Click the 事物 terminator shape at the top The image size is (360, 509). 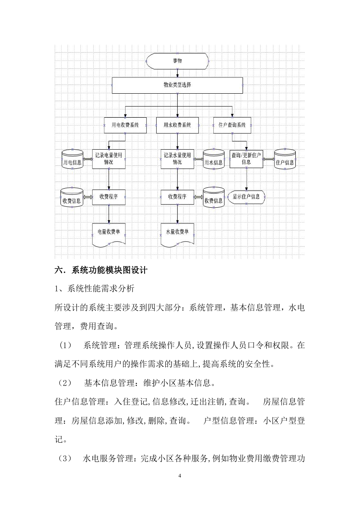click(177, 61)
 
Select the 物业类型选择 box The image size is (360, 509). click(177, 85)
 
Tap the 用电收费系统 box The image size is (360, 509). click(125, 125)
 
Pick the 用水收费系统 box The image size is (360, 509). click(177, 125)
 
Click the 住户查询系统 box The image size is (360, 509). click(232, 125)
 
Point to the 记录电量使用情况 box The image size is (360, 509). click(109, 159)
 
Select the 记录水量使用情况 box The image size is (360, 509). click(177, 159)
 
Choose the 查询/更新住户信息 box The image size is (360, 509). click(246, 159)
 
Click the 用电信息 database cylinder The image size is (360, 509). click(72, 159)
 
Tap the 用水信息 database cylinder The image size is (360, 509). click(214, 159)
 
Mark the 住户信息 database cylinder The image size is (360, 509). click(285, 159)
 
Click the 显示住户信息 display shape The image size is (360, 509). click(246, 197)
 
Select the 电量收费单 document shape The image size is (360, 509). click(109, 235)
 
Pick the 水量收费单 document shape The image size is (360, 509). click(177, 235)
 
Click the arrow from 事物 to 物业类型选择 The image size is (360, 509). click(177, 73)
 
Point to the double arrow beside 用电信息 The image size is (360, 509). click(88, 159)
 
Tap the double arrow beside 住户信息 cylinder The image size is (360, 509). click(269, 159)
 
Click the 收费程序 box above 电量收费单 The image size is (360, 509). click(109, 197)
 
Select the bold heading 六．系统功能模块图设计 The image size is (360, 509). click(101, 270)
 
